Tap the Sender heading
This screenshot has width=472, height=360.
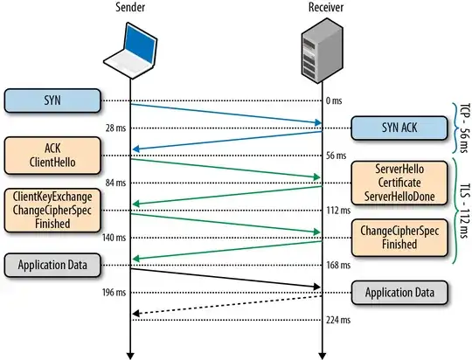pos(128,8)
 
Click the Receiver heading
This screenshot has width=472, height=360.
pos(325,8)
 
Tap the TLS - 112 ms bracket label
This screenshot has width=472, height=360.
pos(462,211)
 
